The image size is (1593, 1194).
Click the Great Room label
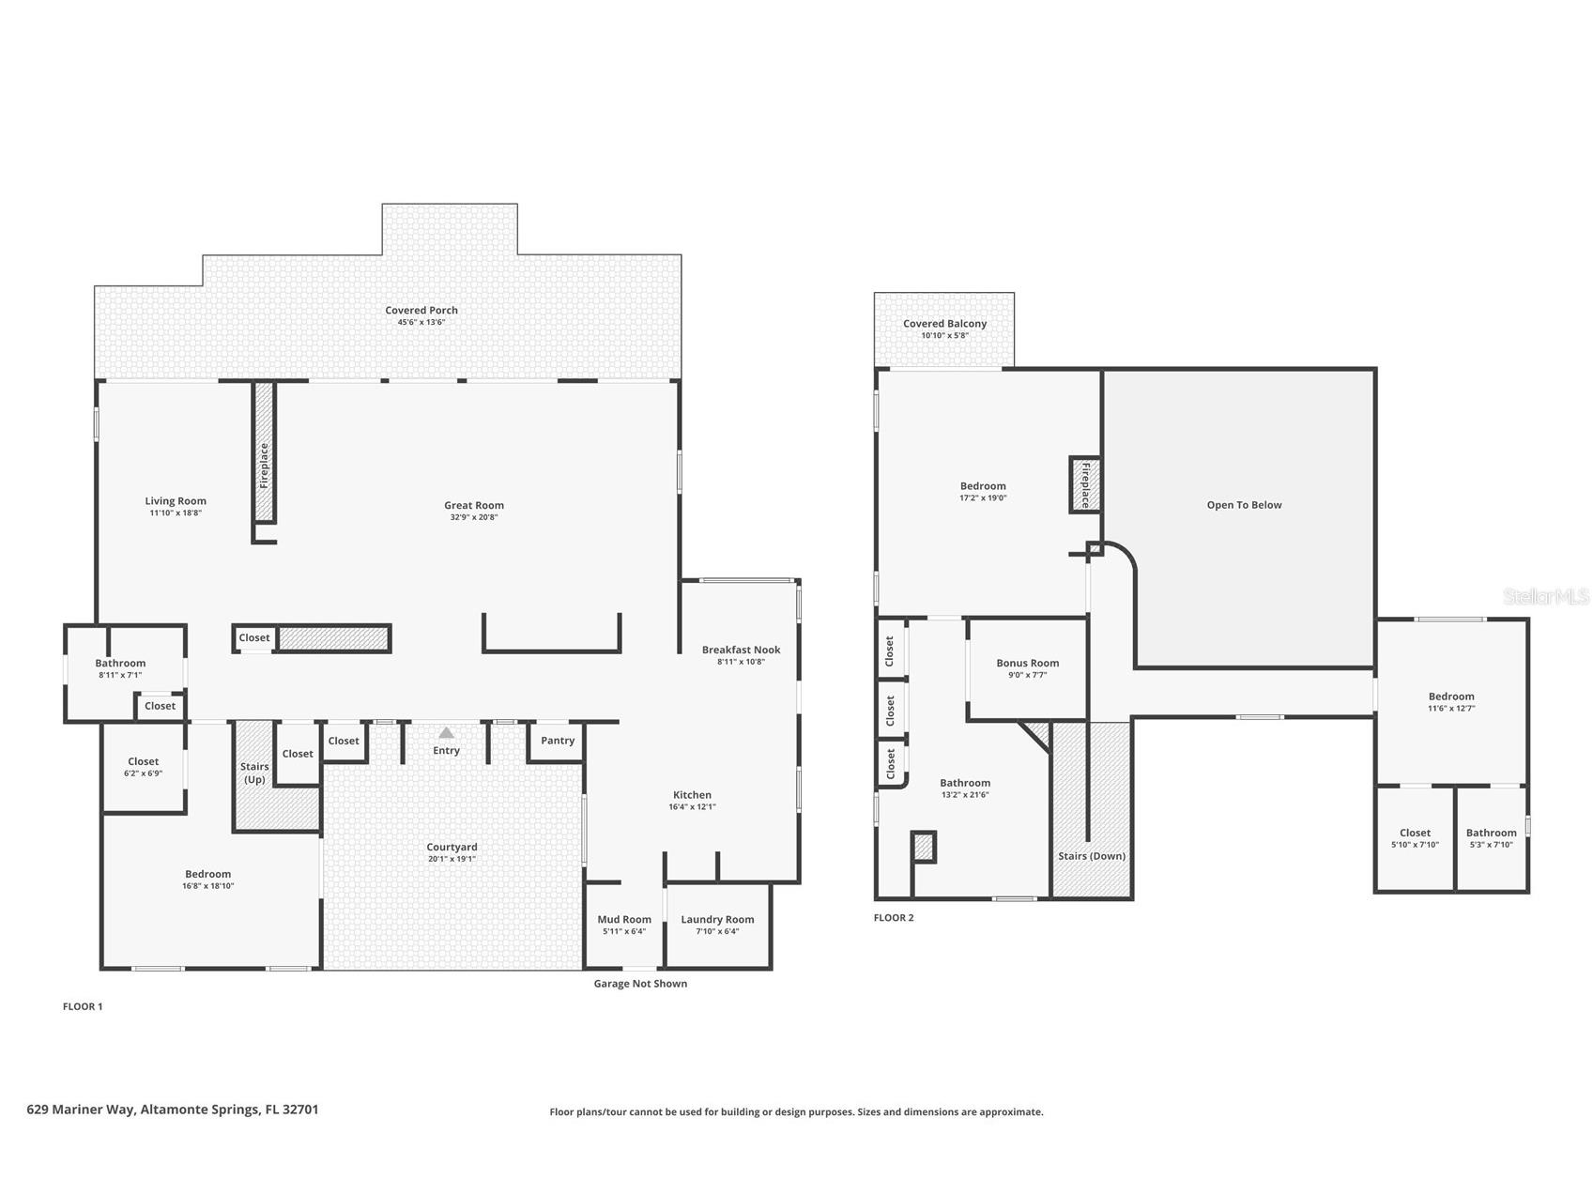point(474,505)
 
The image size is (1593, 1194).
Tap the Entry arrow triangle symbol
point(447,732)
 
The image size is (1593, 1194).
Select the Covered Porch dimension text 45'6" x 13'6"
point(421,322)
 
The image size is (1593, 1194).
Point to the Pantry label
point(558,740)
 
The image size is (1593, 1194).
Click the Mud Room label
point(624,919)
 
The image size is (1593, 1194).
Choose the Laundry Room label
point(717,919)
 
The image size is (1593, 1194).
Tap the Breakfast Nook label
point(741,650)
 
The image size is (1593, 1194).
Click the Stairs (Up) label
point(254,773)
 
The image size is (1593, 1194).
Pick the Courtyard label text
point(452,847)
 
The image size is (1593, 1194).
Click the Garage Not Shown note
point(640,984)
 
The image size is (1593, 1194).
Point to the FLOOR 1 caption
point(83,1006)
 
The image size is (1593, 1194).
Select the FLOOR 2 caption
point(894,917)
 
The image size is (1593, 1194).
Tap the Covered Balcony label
point(945,324)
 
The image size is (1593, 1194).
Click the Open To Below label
point(1244,505)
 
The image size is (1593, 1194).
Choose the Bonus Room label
point(1028,663)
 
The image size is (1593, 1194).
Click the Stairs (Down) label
point(1092,856)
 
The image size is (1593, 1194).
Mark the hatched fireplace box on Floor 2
point(1085,484)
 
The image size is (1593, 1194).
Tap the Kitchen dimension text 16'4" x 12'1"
point(692,806)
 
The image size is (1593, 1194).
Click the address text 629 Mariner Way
point(82,1110)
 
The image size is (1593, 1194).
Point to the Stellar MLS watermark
point(1546,596)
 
